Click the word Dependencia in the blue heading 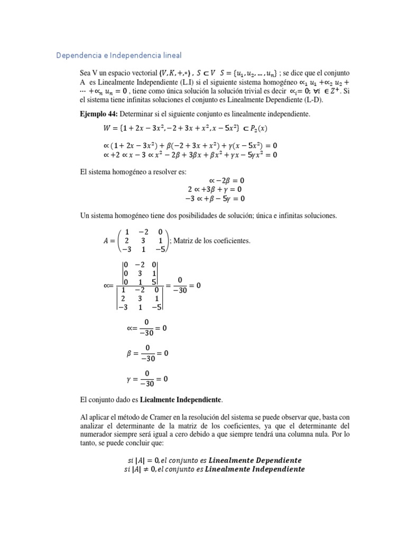(77, 55)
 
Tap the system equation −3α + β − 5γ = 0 (215, 199)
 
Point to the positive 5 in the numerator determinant (154, 281)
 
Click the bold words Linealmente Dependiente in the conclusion (256, 460)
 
